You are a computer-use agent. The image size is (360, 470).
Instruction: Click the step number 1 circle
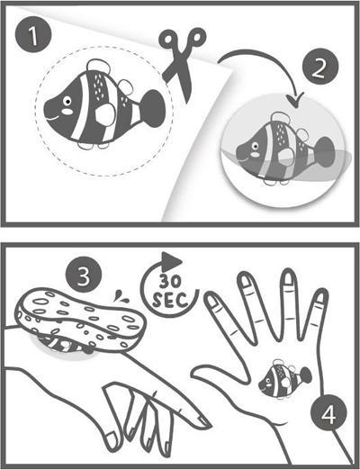[33, 35]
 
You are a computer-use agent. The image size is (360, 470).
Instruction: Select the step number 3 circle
[83, 275]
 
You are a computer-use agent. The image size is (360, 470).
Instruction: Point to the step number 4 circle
[328, 414]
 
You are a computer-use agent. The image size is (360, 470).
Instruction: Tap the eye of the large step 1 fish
[67, 101]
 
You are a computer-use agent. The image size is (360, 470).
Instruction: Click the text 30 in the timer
[170, 282]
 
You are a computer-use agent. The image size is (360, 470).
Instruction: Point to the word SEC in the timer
[170, 300]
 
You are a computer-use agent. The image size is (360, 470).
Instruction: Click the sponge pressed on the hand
[80, 318]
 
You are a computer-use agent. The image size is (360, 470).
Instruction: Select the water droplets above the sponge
[121, 296]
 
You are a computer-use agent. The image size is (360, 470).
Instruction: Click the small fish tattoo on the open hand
[284, 378]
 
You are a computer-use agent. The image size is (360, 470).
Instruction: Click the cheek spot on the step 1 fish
[67, 112]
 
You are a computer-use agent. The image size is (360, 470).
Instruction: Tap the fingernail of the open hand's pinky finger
[320, 296]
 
